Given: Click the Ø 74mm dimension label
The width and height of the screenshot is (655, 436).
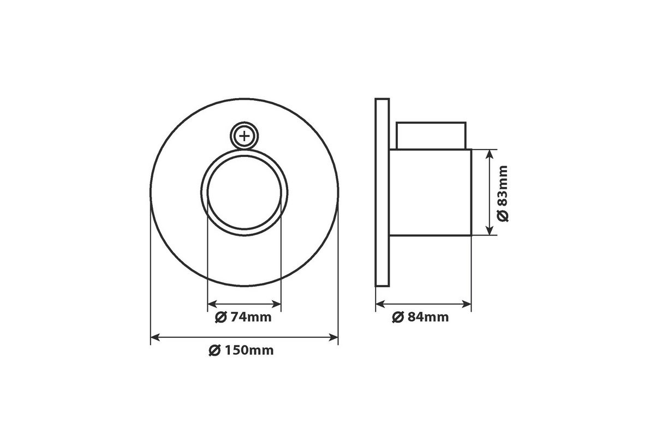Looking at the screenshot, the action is (x=243, y=317).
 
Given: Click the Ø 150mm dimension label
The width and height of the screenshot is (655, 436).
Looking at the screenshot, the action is (x=241, y=350).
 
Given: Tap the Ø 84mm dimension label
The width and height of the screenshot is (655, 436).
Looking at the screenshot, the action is (x=420, y=317).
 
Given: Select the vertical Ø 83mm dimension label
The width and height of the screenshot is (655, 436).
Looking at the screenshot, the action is (x=503, y=193).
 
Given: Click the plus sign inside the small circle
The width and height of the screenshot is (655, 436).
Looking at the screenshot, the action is (x=244, y=136).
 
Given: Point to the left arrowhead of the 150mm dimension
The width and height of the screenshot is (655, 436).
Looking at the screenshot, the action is (x=155, y=337).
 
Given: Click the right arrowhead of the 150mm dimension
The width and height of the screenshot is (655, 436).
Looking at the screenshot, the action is (x=334, y=337).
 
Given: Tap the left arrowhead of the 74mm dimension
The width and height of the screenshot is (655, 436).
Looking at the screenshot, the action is (x=212, y=304).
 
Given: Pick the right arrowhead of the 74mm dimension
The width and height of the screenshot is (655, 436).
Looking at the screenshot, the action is (x=276, y=304).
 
